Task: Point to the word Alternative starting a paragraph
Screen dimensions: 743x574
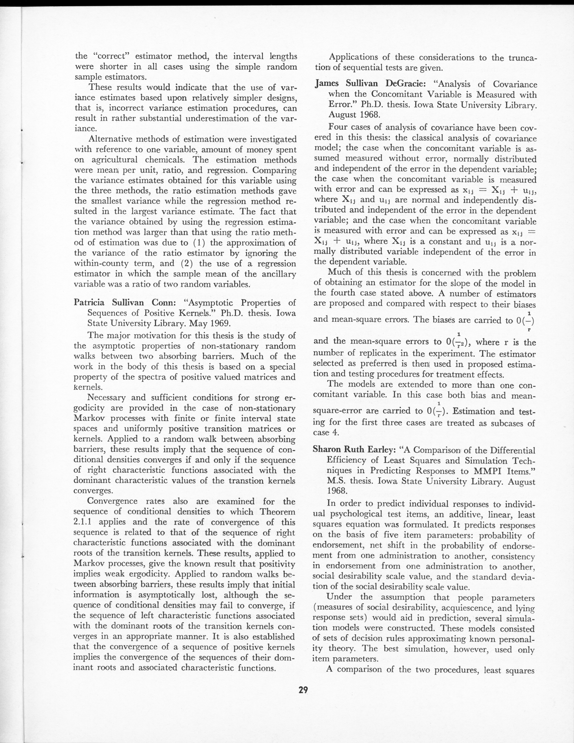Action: point(109,139)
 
